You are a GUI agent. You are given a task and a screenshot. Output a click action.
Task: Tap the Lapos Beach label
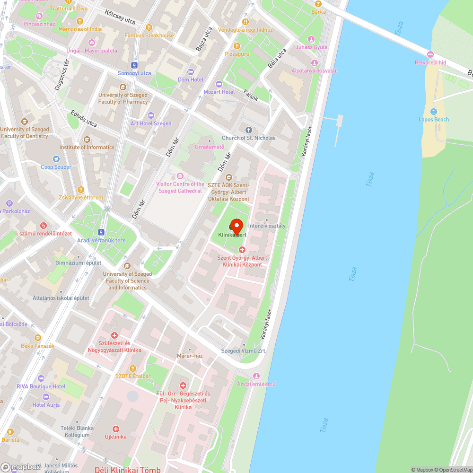click(434, 120)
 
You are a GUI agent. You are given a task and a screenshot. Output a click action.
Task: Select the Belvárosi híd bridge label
click(430, 62)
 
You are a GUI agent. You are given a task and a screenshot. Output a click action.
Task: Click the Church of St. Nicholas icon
click(249, 130)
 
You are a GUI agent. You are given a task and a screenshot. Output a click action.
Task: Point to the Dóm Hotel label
click(191, 79)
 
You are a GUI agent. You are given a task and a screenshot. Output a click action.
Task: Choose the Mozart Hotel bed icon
click(219, 84)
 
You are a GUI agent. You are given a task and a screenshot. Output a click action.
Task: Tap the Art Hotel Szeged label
click(151, 123)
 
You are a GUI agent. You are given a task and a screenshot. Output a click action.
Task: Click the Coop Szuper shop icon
click(56, 159)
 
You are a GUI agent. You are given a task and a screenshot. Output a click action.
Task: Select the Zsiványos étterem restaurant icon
click(80, 190)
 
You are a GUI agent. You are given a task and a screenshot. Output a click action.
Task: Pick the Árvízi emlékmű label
click(256, 384)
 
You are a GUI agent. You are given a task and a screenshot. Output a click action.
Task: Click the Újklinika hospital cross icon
click(115, 429)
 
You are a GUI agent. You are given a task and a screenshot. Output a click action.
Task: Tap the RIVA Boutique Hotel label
click(41, 386)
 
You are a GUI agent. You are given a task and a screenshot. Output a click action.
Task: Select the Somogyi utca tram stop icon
click(134, 65)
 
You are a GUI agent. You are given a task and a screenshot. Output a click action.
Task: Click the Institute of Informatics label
click(87, 147)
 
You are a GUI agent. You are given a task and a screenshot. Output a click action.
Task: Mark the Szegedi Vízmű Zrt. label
click(244, 350)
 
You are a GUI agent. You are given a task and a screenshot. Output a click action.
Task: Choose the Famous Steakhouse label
click(149, 35)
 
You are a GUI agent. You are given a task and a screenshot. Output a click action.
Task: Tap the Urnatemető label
click(210, 147)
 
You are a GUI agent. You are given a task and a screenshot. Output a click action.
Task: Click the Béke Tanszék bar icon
click(38, 338)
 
